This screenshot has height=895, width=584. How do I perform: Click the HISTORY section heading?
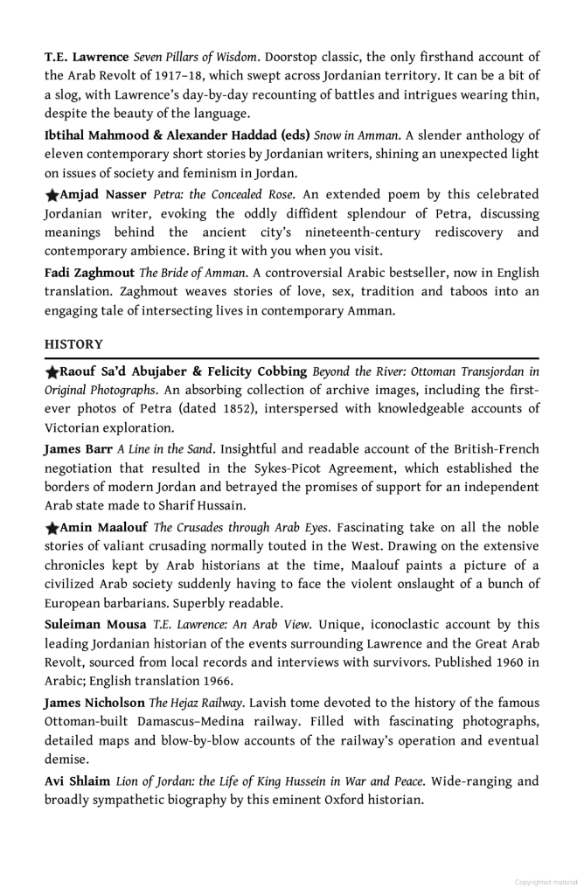point(73,344)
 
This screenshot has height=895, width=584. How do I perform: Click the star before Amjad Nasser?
point(52,195)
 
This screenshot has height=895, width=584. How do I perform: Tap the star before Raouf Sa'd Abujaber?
point(52,371)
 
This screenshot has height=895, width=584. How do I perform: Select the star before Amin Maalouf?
point(52,528)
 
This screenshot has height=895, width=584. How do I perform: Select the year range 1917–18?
point(186,76)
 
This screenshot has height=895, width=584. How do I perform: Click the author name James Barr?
point(78,449)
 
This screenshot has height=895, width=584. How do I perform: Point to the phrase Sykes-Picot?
point(267,468)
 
